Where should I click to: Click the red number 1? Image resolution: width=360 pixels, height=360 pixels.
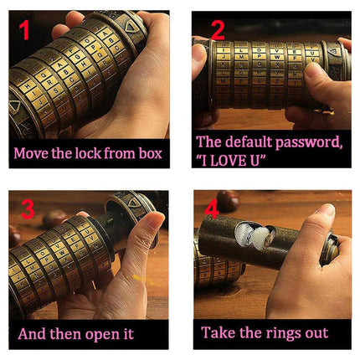coord(24,32)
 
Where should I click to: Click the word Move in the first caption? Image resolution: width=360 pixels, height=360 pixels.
coord(31,153)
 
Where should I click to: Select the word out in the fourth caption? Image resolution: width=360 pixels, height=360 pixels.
coord(315,332)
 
